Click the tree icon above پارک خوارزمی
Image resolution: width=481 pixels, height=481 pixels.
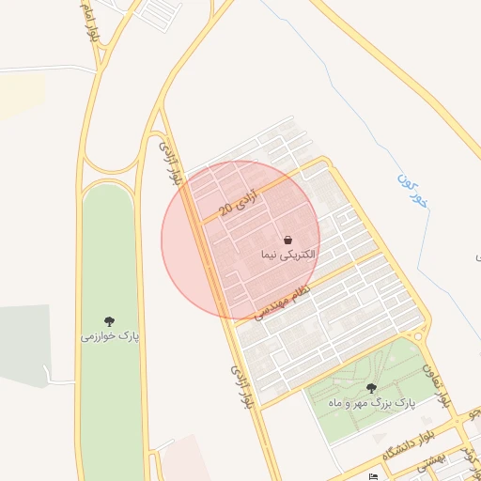click(x=110, y=320)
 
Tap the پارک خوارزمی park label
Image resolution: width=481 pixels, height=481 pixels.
click(x=109, y=335)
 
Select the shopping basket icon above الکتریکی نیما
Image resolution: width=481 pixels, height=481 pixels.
click(x=287, y=240)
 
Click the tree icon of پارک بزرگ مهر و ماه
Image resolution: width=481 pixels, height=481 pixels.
click(x=371, y=387)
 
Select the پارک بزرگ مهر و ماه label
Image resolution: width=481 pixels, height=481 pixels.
click(x=370, y=402)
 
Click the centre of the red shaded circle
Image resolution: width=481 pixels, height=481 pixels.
click(x=240, y=240)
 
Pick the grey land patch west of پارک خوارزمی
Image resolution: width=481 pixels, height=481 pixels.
click(x=23, y=344)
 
